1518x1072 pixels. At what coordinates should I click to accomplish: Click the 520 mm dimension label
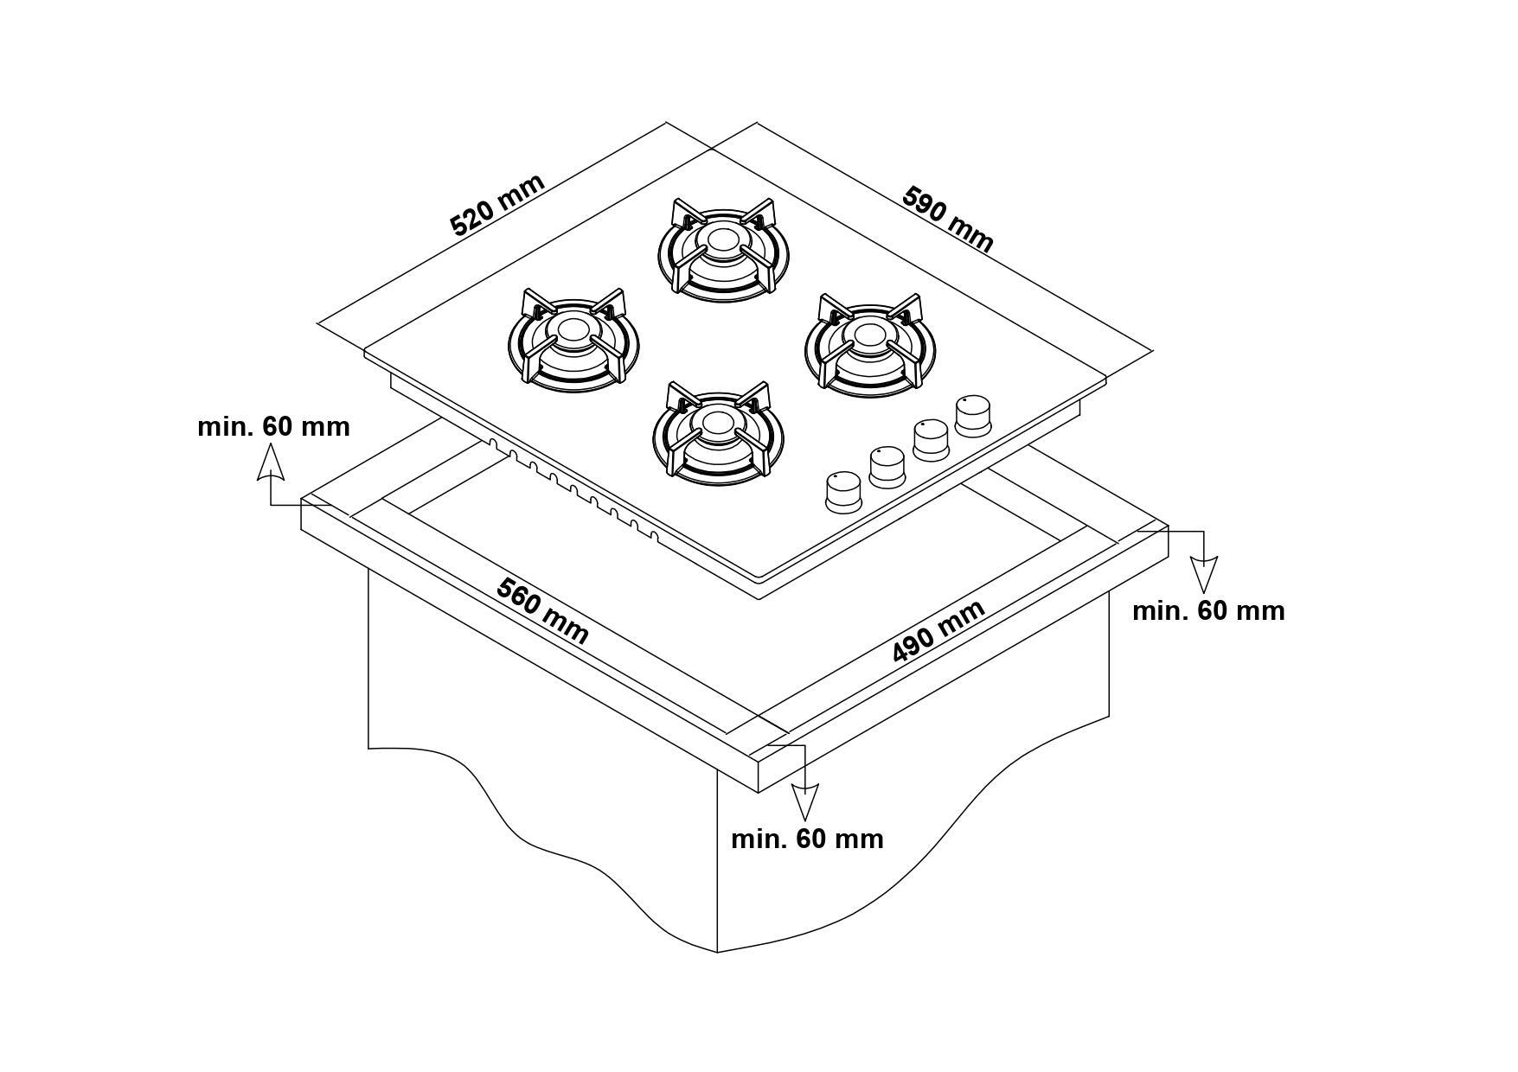[497, 205]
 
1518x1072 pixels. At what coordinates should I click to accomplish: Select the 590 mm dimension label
[947, 220]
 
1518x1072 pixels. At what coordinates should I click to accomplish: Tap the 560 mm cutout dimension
[542, 611]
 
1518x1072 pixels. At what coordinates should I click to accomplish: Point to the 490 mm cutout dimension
[938, 631]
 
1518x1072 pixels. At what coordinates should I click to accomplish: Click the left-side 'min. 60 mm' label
[273, 426]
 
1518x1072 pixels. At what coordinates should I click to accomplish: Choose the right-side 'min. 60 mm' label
[1208, 610]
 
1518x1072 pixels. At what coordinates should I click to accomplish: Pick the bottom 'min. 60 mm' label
[807, 839]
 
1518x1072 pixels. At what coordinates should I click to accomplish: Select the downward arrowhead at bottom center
[805, 802]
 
